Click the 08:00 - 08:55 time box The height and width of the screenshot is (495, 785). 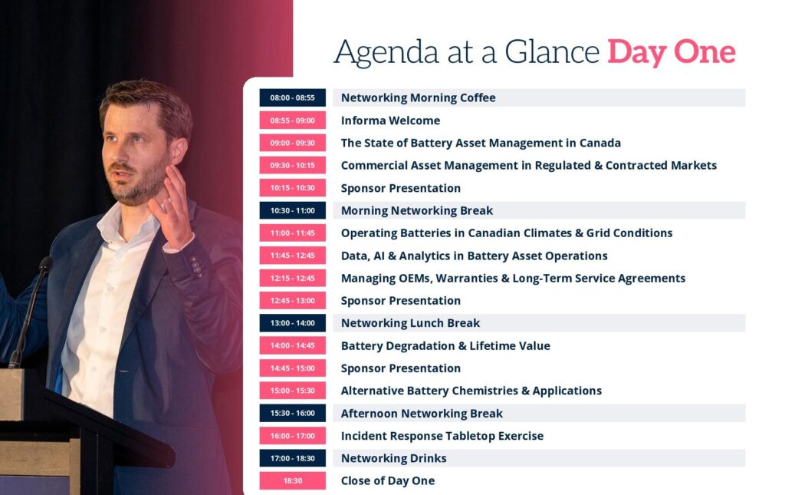click(292, 97)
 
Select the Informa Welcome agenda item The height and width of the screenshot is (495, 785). click(390, 120)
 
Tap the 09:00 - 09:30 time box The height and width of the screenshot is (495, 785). click(292, 143)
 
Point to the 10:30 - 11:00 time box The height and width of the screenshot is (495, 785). click(292, 210)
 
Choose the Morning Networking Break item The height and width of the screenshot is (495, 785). click(417, 210)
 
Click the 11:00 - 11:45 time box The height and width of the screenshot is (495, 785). click(292, 233)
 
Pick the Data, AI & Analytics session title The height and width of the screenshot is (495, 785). click(474, 256)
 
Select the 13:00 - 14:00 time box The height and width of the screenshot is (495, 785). click(292, 323)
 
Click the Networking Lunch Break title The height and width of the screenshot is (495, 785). click(411, 323)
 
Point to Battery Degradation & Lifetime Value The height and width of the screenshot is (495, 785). click(445, 345)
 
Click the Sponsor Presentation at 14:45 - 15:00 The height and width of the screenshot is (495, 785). click(400, 368)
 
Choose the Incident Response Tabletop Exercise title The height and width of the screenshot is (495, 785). click(442, 436)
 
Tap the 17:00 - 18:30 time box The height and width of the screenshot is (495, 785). click(292, 458)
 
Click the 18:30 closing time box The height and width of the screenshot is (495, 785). click(292, 480)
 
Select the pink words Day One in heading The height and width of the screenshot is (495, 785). click(672, 52)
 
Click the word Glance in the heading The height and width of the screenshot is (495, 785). click(552, 51)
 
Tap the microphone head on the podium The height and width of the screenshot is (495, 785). click(45, 264)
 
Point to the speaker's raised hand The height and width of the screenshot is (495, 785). click(172, 206)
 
